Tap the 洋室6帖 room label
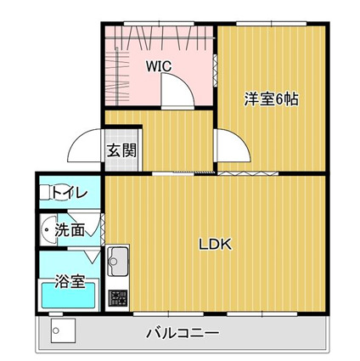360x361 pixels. pos(271,99)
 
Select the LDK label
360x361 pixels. pos(216,245)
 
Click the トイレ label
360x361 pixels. pos(69,194)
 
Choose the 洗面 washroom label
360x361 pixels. pos(69,229)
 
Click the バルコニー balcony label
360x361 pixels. pos(183,333)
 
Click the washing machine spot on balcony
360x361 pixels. pos(61,331)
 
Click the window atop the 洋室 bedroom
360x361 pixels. pos(272,25)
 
